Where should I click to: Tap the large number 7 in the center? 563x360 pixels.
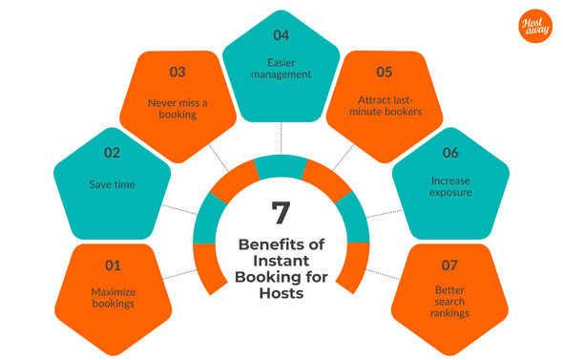pos(281,209)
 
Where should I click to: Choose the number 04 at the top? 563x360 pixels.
pos(281,36)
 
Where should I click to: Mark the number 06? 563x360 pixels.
pos(449,151)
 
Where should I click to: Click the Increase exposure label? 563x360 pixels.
pos(449,186)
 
